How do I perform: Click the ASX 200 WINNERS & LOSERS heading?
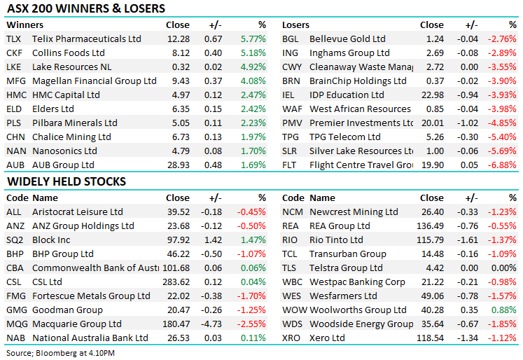point(86,9)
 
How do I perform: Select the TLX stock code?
point(13,39)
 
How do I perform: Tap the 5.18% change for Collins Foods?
point(253,53)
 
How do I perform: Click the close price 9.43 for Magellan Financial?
point(179,81)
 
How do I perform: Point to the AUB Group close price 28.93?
point(176,165)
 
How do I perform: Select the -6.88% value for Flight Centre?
point(503,165)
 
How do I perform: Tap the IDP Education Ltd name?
point(347,95)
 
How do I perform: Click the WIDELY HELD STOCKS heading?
point(67,182)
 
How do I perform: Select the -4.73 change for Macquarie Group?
point(212,324)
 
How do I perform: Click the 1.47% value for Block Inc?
point(253,240)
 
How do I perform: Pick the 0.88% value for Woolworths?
point(505,310)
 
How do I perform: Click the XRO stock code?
point(292,338)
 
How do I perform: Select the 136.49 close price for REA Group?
point(429,226)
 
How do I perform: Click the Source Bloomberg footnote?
point(61,352)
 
